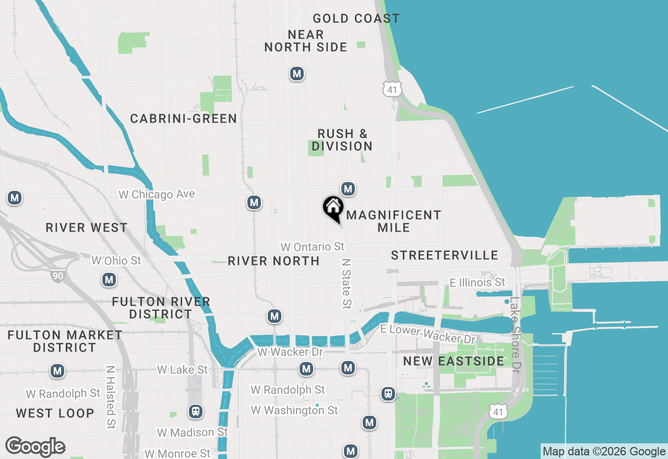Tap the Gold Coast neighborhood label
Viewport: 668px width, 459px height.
tap(356, 18)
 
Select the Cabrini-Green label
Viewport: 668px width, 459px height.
tap(184, 118)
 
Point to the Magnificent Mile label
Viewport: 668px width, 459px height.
tap(393, 221)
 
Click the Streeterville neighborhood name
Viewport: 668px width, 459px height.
tap(445, 255)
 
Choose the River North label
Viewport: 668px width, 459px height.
tap(273, 261)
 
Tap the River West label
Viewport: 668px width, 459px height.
tap(87, 227)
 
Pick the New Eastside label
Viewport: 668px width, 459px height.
tap(454, 361)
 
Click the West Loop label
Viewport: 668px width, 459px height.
tap(55, 413)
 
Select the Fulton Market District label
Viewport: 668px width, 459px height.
tap(65, 341)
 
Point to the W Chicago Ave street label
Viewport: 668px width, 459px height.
tap(157, 195)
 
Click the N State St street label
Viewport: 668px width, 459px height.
tap(346, 282)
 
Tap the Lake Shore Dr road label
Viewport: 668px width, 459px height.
tap(516, 334)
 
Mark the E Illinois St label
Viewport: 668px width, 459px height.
tap(478, 282)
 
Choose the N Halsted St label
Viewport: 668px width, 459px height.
tap(110, 396)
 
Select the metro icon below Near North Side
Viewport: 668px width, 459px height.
tap(297, 74)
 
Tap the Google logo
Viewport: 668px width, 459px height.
tap(35, 447)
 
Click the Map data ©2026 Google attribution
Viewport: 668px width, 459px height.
tap(604, 452)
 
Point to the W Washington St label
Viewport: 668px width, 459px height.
tap(294, 410)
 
